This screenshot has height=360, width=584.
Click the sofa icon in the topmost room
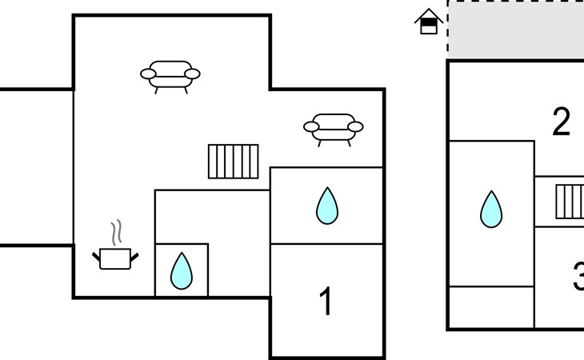(x=170, y=74)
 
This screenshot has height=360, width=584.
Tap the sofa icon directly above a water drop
(x=334, y=126)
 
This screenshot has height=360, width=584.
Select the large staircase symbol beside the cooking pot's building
(x=234, y=161)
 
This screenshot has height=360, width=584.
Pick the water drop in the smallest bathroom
(x=182, y=271)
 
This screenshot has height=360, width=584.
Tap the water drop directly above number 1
(x=326, y=206)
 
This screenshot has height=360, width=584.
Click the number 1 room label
(x=326, y=302)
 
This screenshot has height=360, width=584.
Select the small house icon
(x=430, y=22)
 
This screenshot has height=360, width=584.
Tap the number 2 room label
(x=562, y=122)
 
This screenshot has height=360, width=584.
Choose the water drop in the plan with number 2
(x=490, y=209)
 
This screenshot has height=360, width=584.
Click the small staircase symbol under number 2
(x=570, y=201)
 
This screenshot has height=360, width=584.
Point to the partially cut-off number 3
(x=578, y=278)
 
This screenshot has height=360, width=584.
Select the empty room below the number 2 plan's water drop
(x=490, y=307)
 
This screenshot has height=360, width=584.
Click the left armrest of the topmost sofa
(x=149, y=74)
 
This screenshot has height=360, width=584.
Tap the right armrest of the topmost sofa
(x=192, y=74)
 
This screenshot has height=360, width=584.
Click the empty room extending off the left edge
(x=36, y=166)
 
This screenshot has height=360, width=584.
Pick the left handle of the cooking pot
(x=97, y=255)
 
